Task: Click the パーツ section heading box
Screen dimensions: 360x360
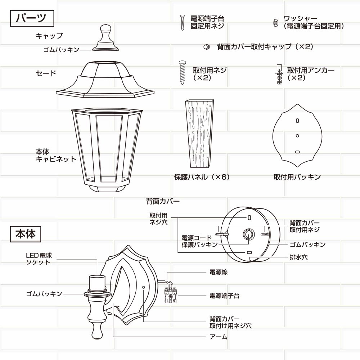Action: pyautogui.click(x=32, y=18)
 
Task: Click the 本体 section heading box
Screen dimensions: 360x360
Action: pyautogui.click(x=26, y=234)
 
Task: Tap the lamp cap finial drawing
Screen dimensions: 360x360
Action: pyautogui.click(x=106, y=38)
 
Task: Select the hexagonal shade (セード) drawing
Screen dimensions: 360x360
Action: pyautogui.click(x=105, y=79)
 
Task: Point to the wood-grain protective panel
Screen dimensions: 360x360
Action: pyautogui.click(x=200, y=134)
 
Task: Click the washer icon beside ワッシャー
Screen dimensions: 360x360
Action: pyautogui.click(x=276, y=23)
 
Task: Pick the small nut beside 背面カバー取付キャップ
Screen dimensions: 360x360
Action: pyautogui.click(x=207, y=47)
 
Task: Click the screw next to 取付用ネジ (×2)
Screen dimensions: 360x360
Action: pyautogui.click(x=183, y=72)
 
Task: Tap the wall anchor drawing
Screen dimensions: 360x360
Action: pyautogui.click(x=279, y=74)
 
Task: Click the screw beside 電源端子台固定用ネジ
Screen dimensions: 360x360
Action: pyautogui.click(x=183, y=23)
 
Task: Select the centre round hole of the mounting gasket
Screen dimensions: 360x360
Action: pyautogui.click(x=297, y=136)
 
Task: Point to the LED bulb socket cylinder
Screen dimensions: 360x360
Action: pyautogui.click(x=97, y=283)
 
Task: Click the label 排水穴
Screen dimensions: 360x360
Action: pyautogui.click(x=298, y=257)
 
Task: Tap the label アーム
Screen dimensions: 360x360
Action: pyautogui.click(x=219, y=337)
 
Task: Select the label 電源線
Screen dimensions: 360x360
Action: pyautogui.click(x=219, y=272)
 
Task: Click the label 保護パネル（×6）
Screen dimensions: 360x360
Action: pyautogui.click(x=202, y=177)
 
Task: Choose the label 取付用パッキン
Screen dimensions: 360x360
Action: pyautogui.click(x=297, y=177)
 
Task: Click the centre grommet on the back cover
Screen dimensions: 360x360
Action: pyautogui.click(x=249, y=235)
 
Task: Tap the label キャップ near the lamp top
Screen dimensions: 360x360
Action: pyautogui.click(x=49, y=36)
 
